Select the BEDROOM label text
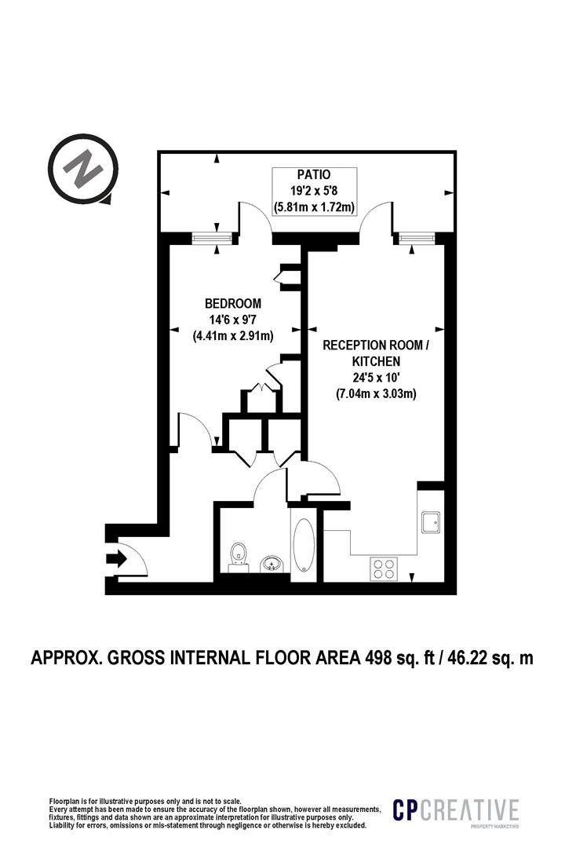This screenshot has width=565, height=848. [x=233, y=304]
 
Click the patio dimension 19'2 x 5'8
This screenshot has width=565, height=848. [x=314, y=192]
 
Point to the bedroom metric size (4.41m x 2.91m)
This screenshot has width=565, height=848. [x=233, y=336]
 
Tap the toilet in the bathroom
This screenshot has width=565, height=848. [x=239, y=555]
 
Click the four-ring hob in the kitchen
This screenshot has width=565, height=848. [x=383, y=568]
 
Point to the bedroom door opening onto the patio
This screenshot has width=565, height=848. [x=255, y=217]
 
